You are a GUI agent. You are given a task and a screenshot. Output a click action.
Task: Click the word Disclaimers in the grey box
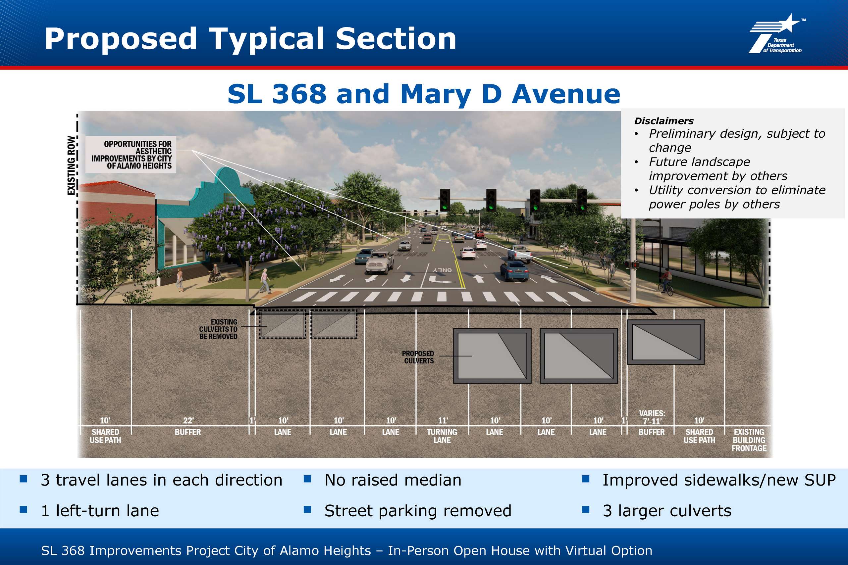[664, 121]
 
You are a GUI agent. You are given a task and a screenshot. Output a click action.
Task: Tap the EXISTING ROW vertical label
[72, 165]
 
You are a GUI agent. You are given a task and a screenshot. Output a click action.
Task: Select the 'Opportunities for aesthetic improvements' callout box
[131, 155]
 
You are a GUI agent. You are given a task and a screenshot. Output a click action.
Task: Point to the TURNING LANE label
[442, 436]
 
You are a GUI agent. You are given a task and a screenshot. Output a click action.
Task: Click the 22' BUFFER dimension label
[188, 426]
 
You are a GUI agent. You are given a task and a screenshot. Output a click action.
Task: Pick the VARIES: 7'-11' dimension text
[652, 417]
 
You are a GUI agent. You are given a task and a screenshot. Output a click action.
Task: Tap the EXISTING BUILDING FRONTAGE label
[749, 440]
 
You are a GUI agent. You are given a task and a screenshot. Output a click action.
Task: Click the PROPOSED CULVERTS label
[418, 357]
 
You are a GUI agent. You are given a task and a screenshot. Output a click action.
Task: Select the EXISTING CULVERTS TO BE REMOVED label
[219, 329]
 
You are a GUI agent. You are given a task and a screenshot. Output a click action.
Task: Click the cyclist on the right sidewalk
[665, 283]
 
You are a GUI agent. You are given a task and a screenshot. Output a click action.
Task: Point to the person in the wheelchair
[215, 273]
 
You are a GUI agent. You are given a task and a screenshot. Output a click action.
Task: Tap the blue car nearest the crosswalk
[514, 270]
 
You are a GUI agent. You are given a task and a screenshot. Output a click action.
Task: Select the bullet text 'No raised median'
[393, 480]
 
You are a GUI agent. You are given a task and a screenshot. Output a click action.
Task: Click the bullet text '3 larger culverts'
[667, 511]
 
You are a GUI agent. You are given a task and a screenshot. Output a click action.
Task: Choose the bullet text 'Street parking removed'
[418, 511]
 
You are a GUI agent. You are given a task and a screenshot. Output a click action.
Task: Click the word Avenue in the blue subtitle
[566, 94]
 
